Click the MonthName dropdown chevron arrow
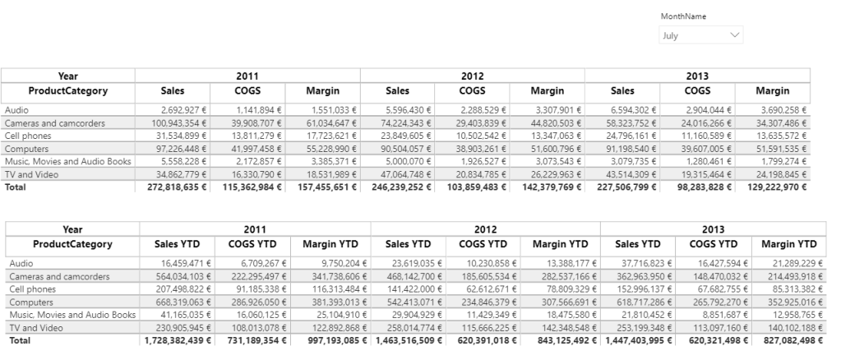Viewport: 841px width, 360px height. pos(734,35)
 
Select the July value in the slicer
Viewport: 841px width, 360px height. pos(671,35)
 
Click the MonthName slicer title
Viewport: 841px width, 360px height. pos(682,16)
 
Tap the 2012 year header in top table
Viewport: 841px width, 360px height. pos(472,76)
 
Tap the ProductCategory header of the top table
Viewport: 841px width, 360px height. pos(69,90)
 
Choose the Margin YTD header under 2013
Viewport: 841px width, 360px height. pos(788,244)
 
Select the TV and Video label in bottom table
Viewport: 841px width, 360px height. pos(32,327)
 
